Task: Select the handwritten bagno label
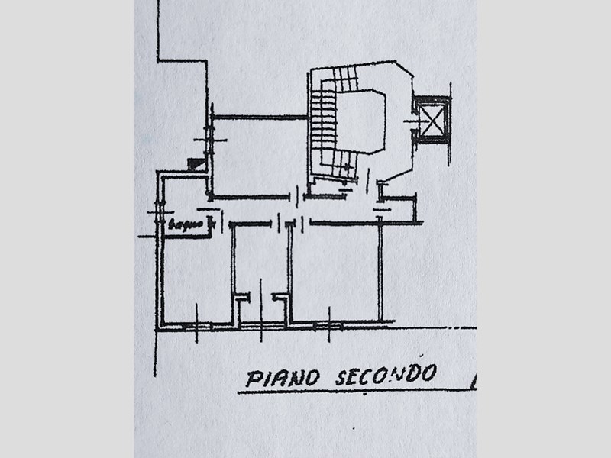183,224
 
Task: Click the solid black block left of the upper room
196,163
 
